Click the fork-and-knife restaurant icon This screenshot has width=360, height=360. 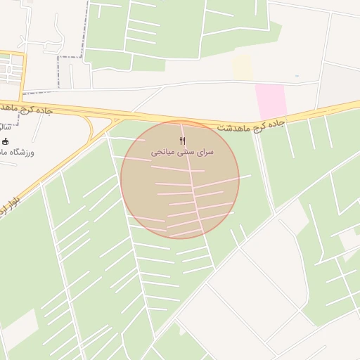[x=183, y=141]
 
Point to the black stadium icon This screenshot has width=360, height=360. [x=6, y=141]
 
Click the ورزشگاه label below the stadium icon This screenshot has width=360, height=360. [x=20, y=153]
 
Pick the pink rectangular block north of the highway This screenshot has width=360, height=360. [x=271, y=101]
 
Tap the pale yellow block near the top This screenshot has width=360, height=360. [x=242, y=67]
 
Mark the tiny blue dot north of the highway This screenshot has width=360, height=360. [x=297, y=76]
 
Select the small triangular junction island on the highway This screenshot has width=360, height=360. [x=114, y=120]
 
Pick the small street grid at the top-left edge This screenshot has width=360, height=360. [x=10, y=70]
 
